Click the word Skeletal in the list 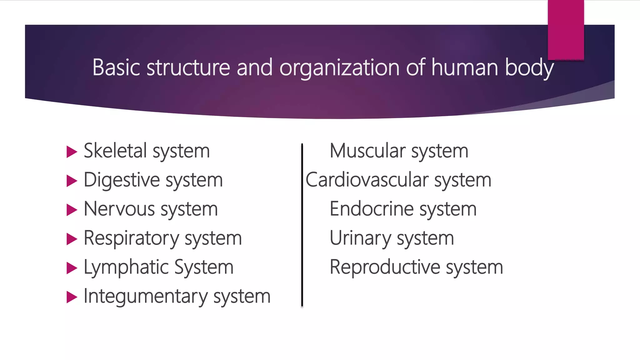115,151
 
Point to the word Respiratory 131,238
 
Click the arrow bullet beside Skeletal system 72,152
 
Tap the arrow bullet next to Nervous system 72,210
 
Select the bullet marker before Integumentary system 72,297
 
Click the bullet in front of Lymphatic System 72,268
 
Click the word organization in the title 339,68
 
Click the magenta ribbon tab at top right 566,30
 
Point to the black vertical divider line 302,225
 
